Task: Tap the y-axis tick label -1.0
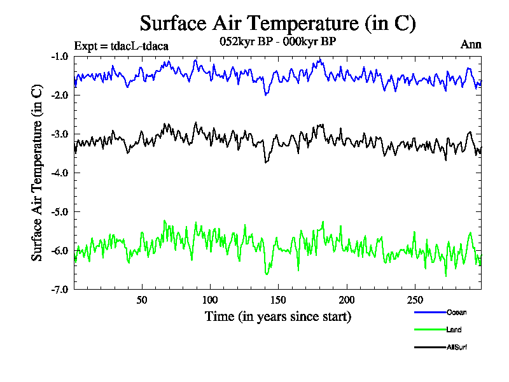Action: pos(61,57)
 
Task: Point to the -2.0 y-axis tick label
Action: pos(61,95)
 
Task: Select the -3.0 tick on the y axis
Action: pos(61,134)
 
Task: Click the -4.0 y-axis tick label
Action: pos(61,173)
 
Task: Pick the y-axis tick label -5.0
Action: pos(61,212)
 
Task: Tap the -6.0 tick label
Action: pos(61,251)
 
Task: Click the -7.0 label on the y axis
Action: pos(61,290)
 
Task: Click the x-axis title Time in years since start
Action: pos(277,316)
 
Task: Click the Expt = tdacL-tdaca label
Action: pos(122,46)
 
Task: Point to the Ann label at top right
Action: pos(471,45)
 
